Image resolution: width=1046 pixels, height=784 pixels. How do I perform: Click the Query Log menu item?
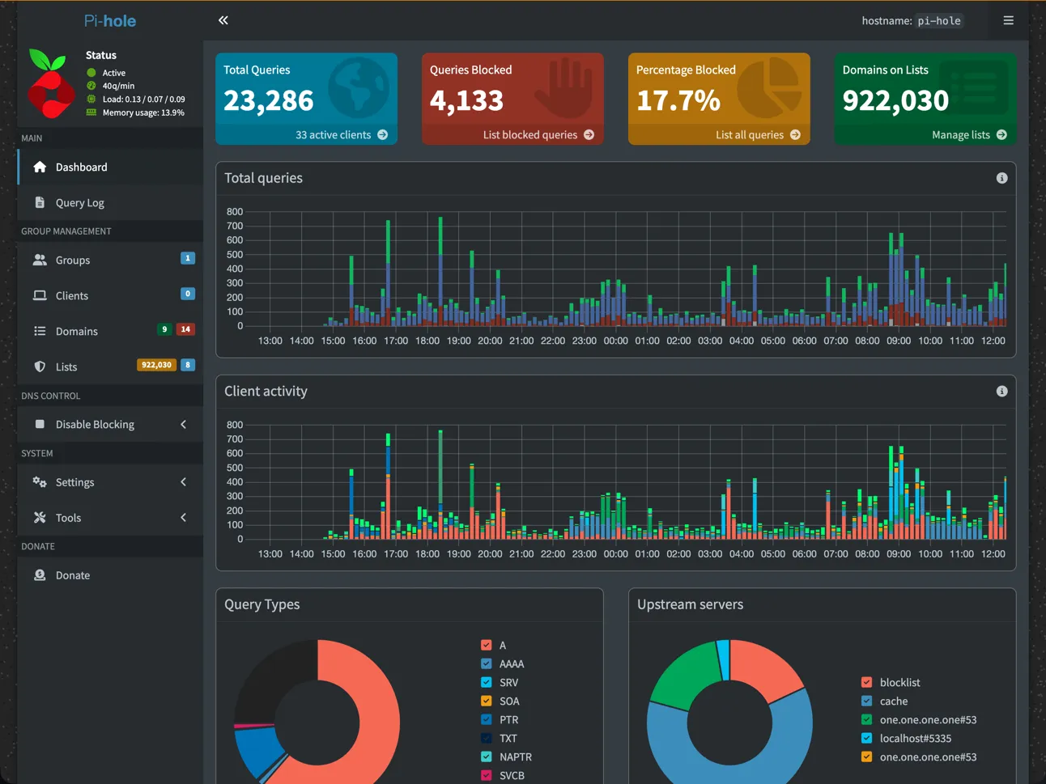tap(79, 203)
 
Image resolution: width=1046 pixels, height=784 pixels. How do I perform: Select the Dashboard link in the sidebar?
tap(81, 167)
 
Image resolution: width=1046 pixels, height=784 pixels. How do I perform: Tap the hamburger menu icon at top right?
tap(1008, 20)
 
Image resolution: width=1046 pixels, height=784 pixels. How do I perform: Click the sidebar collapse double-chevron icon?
tap(223, 20)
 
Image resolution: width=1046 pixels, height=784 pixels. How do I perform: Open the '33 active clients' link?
tap(341, 135)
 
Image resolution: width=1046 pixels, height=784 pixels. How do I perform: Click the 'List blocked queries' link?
tap(538, 135)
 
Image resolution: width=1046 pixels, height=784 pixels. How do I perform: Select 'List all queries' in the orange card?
tap(757, 135)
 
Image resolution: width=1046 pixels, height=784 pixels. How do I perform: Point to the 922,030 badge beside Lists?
tap(156, 365)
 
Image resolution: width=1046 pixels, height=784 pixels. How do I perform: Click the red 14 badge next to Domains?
tap(185, 329)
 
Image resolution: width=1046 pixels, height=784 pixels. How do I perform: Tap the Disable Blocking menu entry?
tap(95, 425)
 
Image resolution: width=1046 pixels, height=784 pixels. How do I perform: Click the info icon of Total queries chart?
tap(1001, 178)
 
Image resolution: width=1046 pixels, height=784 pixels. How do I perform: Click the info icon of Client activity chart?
tap(1001, 392)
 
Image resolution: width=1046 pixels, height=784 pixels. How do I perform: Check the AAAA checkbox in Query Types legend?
tap(487, 664)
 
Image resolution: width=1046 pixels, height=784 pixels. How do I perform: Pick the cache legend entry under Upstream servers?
tap(893, 701)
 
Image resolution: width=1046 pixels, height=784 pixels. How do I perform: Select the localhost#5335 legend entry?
tap(915, 739)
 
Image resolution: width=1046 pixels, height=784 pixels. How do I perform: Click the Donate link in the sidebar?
tap(72, 575)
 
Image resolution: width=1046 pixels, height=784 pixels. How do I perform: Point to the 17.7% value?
tap(678, 101)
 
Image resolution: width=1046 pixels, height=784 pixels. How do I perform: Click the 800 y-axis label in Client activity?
tap(235, 425)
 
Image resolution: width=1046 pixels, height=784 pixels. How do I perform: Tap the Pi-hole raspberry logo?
tap(50, 84)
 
